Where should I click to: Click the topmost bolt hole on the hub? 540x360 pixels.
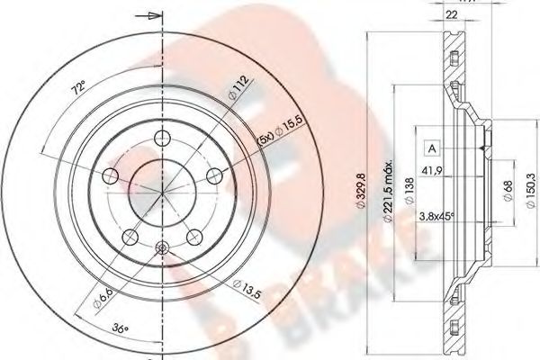(162, 138)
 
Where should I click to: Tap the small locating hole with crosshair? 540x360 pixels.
(162, 249)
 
